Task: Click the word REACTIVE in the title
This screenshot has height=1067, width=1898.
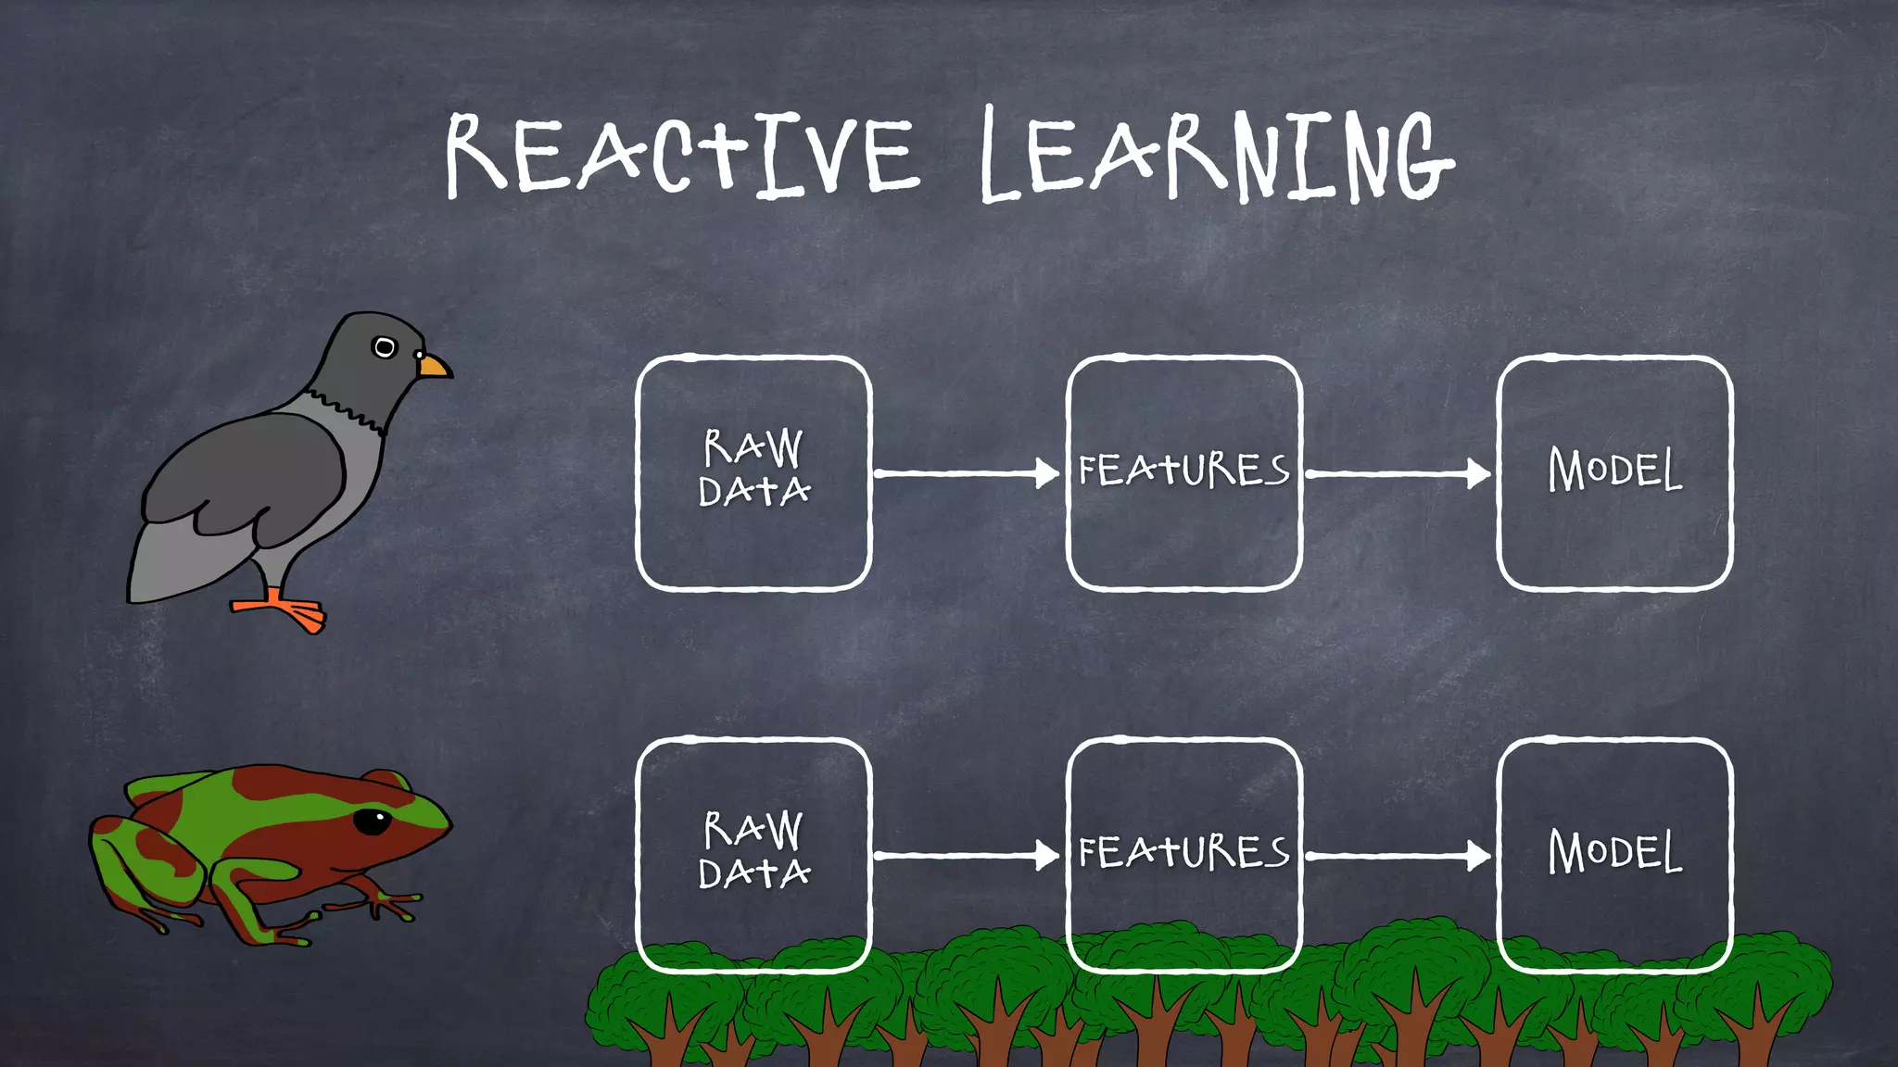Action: (681, 155)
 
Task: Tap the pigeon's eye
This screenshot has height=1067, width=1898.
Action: (384, 347)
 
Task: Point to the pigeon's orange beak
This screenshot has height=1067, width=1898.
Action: (434, 367)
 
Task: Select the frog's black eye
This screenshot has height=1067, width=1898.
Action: (373, 821)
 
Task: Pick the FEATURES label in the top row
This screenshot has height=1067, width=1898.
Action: (1183, 471)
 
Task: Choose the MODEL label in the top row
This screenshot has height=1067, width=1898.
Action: (1614, 471)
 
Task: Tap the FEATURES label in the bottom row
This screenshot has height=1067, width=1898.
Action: (1183, 853)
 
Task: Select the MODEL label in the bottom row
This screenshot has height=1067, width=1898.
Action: (1614, 853)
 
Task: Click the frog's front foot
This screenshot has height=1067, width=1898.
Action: (389, 903)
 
